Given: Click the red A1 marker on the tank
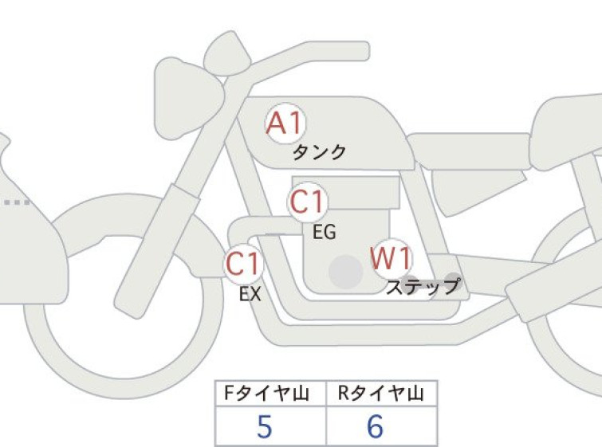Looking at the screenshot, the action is [x=285, y=124].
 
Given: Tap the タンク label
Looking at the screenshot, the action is [x=320, y=152].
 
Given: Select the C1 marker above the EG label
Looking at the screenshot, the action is [x=307, y=202].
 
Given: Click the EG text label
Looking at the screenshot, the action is [x=325, y=232].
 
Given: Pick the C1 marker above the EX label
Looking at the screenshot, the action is [x=243, y=264].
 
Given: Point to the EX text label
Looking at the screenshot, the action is [x=250, y=294].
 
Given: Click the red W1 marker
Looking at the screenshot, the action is [x=391, y=259].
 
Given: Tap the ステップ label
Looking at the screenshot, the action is [x=423, y=286].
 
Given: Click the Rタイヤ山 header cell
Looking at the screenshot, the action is [x=381, y=394].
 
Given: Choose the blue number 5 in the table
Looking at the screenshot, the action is [x=265, y=426].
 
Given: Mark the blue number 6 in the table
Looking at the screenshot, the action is [x=375, y=426].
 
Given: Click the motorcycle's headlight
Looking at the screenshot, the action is [x=188, y=98].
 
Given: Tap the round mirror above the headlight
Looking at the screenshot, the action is [x=226, y=53].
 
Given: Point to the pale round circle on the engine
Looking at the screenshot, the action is [x=346, y=272].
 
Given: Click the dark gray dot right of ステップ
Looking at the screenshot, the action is [x=453, y=282].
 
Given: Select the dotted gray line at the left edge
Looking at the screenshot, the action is [x=17, y=202].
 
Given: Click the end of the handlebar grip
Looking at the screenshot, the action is [x=366, y=51].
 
